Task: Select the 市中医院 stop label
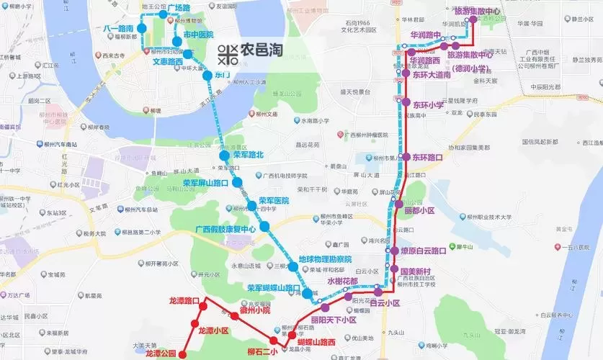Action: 198,35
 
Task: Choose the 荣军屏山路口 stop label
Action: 205,184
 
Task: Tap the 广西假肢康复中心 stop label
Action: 225,229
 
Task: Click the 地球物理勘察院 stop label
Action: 324,258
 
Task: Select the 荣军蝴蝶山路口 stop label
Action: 274,288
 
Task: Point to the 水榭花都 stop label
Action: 342,282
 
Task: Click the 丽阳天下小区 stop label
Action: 334,320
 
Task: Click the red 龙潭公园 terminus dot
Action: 182,354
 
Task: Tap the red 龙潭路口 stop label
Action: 184,300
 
